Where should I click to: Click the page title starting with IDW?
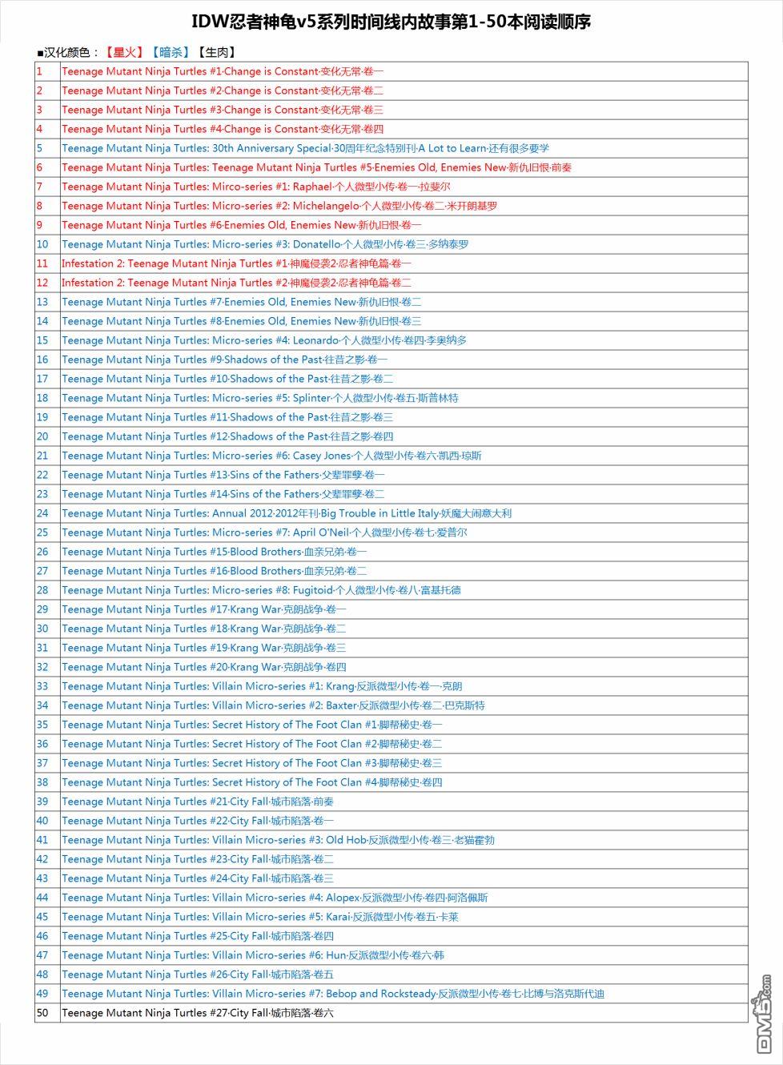coord(391,22)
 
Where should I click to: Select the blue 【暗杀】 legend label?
coord(170,53)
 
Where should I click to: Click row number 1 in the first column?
coord(39,71)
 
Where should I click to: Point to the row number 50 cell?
coord(42,1013)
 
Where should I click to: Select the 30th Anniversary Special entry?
coord(305,148)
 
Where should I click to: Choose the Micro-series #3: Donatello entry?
coord(265,244)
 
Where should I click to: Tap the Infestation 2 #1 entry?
coord(236,263)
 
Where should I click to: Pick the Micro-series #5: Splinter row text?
coord(259,398)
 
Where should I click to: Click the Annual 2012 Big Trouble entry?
coord(286,513)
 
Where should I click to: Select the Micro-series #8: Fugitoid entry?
coord(261,590)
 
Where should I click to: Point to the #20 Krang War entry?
coord(203,667)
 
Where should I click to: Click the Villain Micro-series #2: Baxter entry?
coord(273,705)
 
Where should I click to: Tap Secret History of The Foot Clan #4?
coord(251,782)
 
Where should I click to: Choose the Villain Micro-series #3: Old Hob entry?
coord(278,840)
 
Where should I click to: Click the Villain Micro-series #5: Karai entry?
coord(259,917)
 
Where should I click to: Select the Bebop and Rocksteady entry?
coord(332,994)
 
